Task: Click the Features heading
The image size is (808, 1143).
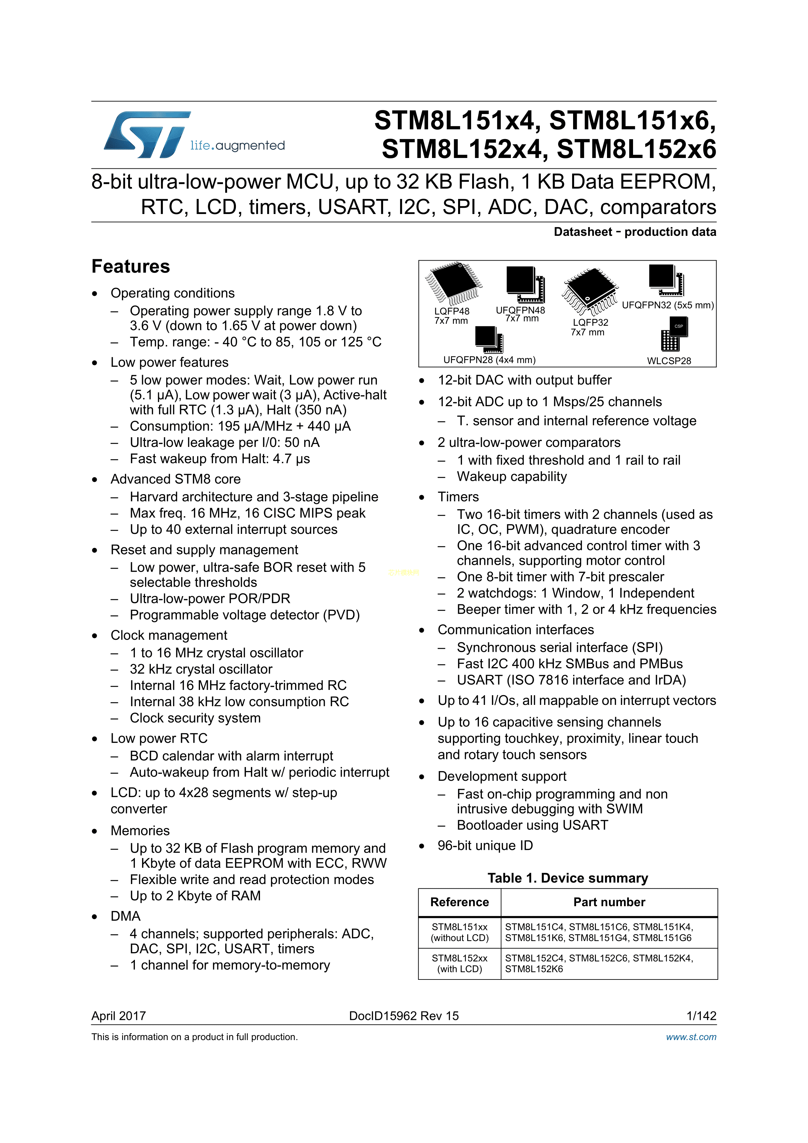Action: pyautogui.click(x=130, y=266)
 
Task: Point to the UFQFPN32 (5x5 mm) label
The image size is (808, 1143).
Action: pyautogui.click(x=668, y=305)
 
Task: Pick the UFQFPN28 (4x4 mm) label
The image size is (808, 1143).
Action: pyautogui.click(x=489, y=360)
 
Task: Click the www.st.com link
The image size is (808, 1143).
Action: pyautogui.click(x=691, y=1037)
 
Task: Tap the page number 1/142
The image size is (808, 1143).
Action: pyautogui.click(x=701, y=1016)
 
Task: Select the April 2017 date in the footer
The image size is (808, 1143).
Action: pyautogui.click(x=119, y=1016)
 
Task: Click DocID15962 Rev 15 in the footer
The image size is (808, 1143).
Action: pyautogui.click(x=404, y=1016)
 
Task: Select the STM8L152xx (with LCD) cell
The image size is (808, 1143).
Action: pyautogui.click(x=459, y=963)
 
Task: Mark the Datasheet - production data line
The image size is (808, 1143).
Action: pyautogui.click(x=635, y=232)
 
